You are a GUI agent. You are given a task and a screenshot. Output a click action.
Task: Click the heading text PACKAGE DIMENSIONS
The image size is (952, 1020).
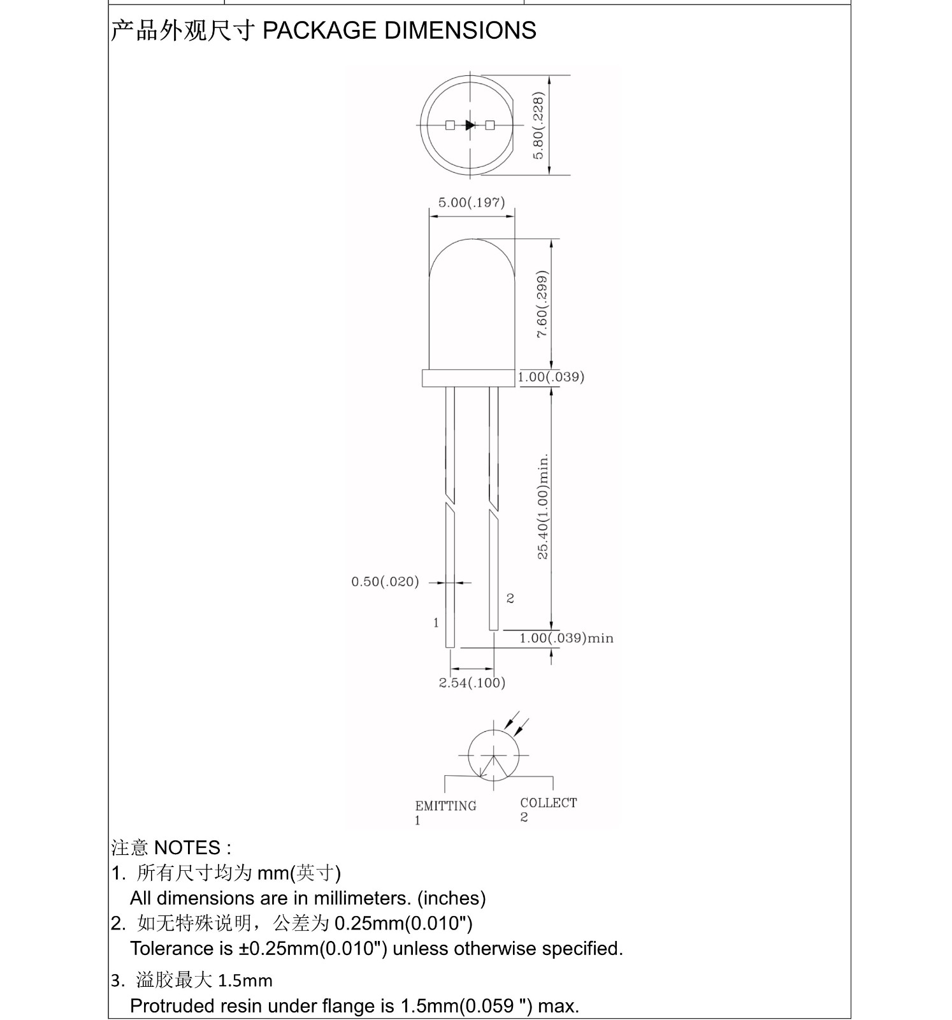tap(399, 31)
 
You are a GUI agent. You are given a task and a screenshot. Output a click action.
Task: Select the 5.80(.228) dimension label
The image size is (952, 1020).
tap(539, 126)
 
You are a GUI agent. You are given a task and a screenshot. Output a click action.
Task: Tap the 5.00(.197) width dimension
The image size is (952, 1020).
tap(471, 203)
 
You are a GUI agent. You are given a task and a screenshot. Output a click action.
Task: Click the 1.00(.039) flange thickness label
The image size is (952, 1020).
tap(551, 377)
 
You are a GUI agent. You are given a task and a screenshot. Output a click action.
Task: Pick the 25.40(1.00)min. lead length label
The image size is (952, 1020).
tap(543, 507)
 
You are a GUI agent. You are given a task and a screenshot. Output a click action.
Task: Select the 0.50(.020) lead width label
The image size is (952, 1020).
tap(385, 581)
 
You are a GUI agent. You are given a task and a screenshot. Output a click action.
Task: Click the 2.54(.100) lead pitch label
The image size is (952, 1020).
tap(472, 683)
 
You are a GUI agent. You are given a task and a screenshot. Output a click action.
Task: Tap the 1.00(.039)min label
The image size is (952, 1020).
tap(566, 638)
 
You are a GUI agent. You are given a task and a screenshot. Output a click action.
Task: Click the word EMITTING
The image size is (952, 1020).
tap(445, 806)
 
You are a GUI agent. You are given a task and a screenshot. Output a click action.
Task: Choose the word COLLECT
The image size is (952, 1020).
tap(548, 803)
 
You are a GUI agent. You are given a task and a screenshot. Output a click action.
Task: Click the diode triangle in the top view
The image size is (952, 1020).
tap(470, 125)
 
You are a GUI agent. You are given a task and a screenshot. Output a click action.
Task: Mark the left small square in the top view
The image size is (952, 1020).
tap(450, 125)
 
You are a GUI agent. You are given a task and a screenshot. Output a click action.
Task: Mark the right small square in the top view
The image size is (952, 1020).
tap(490, 125)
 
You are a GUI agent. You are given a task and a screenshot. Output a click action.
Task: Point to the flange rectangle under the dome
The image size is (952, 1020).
tap(468, 378)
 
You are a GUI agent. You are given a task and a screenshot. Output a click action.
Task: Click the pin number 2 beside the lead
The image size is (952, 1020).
tap(510, 598)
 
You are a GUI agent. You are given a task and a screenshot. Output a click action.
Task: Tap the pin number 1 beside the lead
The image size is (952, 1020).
tap(436, 622)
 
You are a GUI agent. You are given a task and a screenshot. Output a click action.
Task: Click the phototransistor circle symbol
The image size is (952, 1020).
tap(493, 755)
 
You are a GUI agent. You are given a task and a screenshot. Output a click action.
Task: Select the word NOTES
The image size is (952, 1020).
tap(187, 848)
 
